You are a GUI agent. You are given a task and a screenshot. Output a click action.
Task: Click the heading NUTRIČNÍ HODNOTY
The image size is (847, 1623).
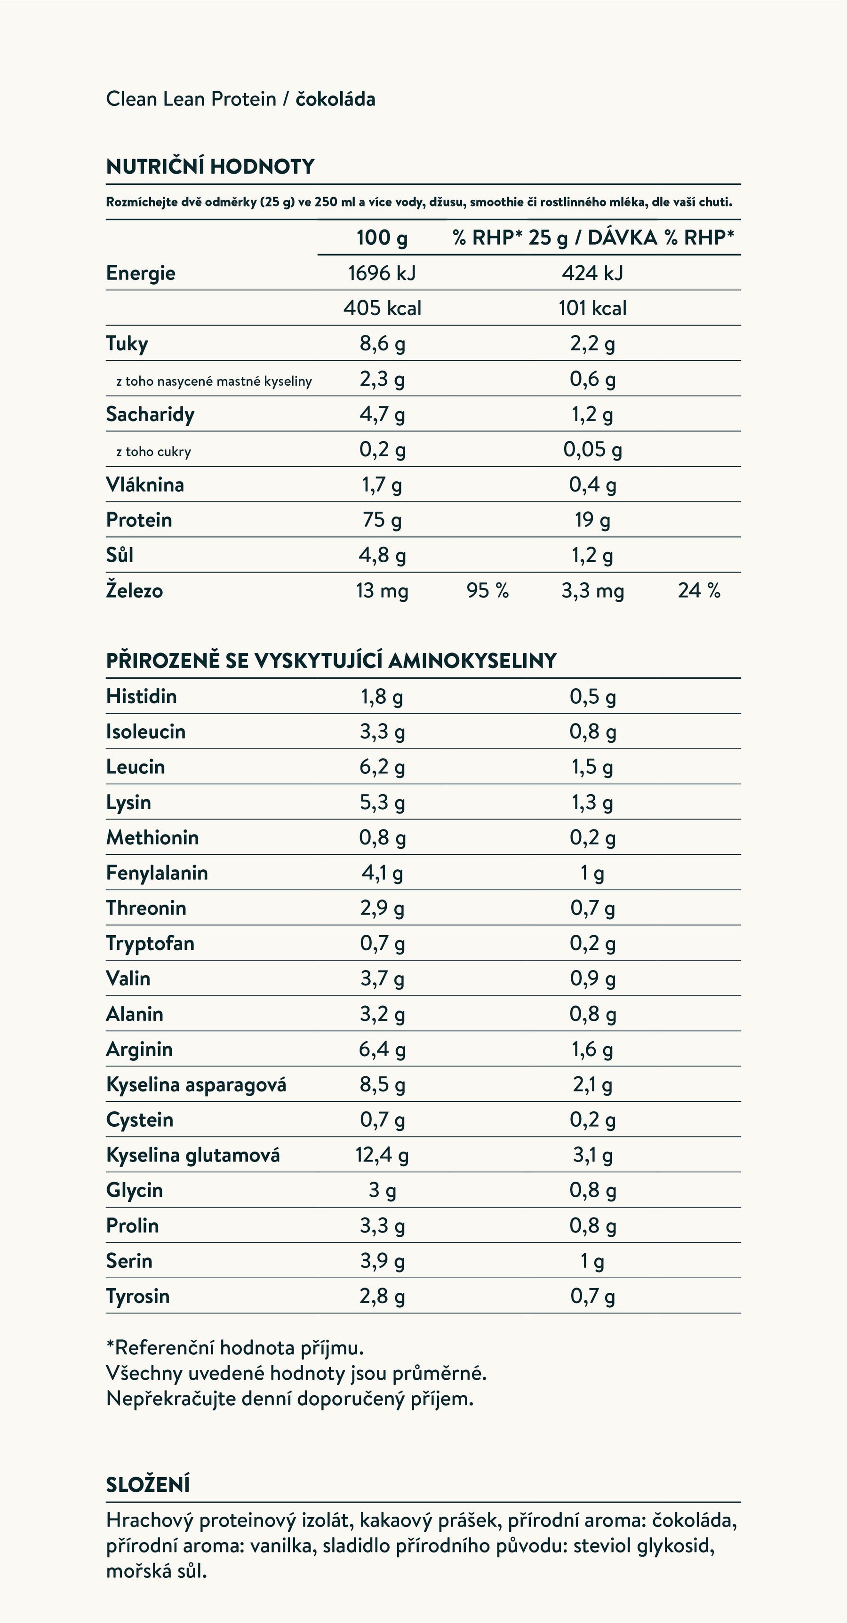click(210, 167)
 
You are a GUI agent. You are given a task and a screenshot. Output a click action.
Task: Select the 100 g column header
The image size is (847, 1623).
click(382, 238)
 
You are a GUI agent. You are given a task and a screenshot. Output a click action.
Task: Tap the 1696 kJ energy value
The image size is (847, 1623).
click(382, 273)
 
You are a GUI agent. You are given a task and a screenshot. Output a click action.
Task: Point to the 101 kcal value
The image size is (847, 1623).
click(592, 308)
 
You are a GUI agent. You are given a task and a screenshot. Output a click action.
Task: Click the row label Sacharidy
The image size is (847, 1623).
click(150, 414)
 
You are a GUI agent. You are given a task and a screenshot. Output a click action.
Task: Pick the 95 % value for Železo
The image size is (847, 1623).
click(487, 590)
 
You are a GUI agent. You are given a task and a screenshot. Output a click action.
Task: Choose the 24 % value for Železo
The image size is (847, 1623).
click(699, 590)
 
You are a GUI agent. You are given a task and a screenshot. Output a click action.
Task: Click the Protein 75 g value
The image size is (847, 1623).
click(382, 520)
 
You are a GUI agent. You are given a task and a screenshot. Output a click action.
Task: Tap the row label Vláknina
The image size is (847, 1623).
click(145, 485)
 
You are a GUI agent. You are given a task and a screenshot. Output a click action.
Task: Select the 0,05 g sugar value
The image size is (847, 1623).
click(592, 449)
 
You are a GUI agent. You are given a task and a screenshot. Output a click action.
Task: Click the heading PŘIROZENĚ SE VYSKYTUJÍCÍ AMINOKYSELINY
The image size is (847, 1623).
click(331, 660)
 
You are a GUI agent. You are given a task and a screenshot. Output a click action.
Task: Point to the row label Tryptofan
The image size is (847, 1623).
click(150, 943)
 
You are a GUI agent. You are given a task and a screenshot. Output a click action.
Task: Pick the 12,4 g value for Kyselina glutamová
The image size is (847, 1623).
click(382, 1155)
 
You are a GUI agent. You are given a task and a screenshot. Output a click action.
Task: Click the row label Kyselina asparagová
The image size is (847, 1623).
click(196, 1084)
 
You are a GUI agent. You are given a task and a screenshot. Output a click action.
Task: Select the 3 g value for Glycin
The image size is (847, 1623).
click(382, 1190)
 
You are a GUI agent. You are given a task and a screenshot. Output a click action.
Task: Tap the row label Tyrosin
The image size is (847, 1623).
click(137, 1296)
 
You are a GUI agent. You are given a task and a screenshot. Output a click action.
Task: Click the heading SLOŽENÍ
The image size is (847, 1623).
click(147, 1484)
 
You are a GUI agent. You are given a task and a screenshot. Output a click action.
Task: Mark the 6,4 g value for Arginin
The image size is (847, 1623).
click(382, 1049)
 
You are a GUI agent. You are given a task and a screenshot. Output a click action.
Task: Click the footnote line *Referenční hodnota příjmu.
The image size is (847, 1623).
click(235, 1348)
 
